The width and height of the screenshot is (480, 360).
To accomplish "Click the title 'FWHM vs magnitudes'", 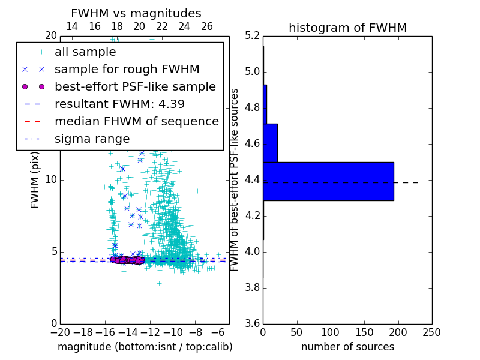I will (136, 13).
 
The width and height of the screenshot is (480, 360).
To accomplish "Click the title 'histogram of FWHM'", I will (347, 28).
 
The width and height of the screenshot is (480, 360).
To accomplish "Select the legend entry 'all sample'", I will (85, 52).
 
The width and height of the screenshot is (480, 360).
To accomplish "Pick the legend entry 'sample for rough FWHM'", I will (127, 70).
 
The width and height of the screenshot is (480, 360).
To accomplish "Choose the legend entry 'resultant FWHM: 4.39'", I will (119, 104).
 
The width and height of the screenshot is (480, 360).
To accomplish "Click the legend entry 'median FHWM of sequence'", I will (136, 122).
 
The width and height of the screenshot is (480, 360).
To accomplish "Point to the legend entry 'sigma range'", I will (92, 139).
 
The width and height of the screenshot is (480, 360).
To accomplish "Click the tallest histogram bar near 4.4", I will (328, 181).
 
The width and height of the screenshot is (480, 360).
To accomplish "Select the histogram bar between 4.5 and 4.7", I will (270, 143).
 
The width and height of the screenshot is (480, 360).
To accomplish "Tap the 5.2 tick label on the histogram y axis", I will (252, 36).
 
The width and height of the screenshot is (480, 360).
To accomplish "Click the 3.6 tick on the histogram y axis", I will (252, 323).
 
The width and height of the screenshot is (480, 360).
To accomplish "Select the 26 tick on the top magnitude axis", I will (207, 26).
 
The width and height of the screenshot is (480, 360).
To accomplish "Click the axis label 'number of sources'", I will (347, 347).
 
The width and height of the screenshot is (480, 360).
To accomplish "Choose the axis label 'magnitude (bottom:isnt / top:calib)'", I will (145, 347).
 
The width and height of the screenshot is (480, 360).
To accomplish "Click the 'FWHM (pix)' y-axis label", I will (35, 180).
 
